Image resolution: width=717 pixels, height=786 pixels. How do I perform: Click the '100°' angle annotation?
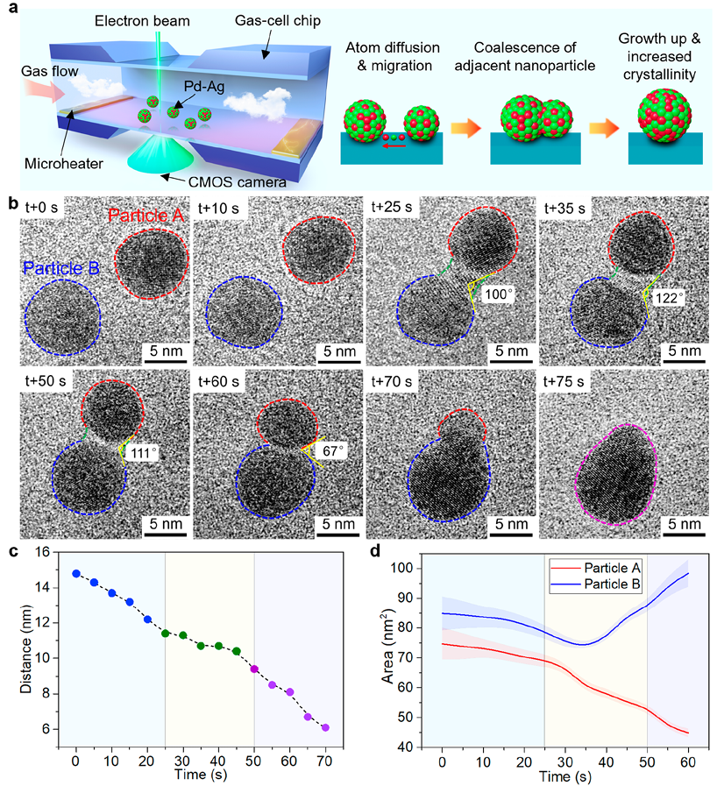pyautogui.click(x=496, y=294)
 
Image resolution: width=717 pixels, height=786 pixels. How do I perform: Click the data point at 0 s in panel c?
pyautogui.click(x=76, y=573)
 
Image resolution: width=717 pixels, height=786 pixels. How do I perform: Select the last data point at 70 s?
pyautogui.click(x=325, y=727)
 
